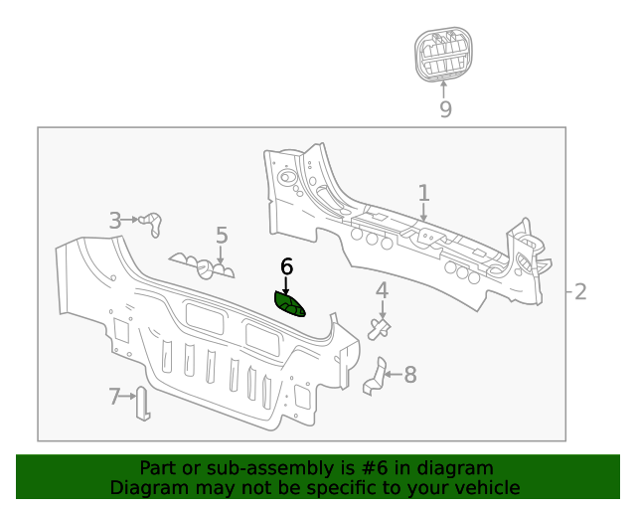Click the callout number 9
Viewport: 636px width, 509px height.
click(445, 109)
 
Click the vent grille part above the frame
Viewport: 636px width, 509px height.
click(444, 56)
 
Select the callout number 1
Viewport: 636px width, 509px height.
click(423, 192)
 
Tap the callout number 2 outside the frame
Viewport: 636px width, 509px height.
click(580, 291)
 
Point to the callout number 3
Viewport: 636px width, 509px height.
click(115, 221)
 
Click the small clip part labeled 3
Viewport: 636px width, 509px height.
click(152, 224)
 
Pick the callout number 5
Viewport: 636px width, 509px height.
click(222, 236)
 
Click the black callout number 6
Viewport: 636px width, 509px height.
click(287, 265)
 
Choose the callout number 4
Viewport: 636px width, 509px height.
click(382, 290)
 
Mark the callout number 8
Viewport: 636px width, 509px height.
click(409, 375)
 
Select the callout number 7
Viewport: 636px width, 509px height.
click(114, 397)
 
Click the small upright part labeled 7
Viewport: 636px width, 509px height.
click(142, 403)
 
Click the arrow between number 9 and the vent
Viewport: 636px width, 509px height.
click(444, 88)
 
